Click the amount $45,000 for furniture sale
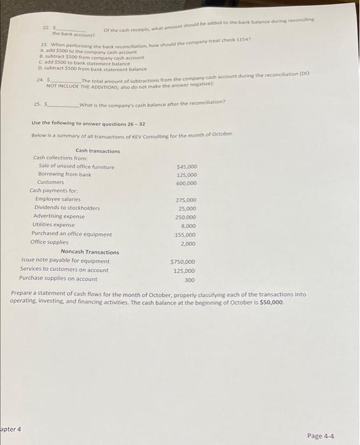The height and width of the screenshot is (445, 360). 186,167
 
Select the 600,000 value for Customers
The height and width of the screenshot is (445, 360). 186,183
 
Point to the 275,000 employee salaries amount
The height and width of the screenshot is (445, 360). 186,200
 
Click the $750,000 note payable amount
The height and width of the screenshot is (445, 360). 183,261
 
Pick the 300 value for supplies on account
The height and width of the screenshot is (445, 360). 190,279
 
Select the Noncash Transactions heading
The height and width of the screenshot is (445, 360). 89,252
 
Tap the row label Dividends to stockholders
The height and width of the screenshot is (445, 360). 67,208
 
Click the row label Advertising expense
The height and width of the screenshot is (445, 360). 63,216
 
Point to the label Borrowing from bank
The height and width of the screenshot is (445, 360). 64,174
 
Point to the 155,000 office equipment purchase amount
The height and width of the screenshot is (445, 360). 186,235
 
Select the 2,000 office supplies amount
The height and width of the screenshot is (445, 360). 188,243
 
